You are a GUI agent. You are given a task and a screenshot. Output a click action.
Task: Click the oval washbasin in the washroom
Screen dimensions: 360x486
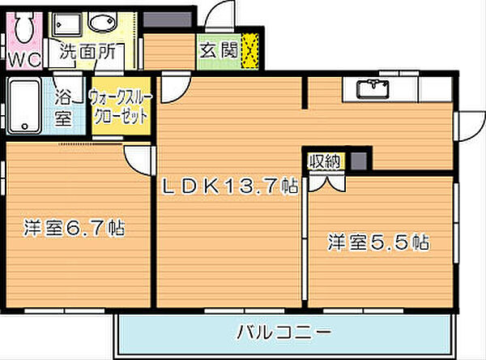(x=102, y=24)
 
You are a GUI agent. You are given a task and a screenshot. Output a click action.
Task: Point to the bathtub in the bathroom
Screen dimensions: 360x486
(x=25, y=106)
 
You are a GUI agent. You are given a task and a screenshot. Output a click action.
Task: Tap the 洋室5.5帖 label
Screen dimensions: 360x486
(x=377, y=242)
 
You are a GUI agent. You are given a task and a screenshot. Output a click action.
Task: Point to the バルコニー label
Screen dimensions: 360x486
(x=283, y=332)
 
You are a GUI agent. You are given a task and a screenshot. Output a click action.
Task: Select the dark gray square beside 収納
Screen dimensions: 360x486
(x=359, y=158)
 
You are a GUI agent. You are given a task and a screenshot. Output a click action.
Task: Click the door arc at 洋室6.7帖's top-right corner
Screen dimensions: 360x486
(x=138, y=157)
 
